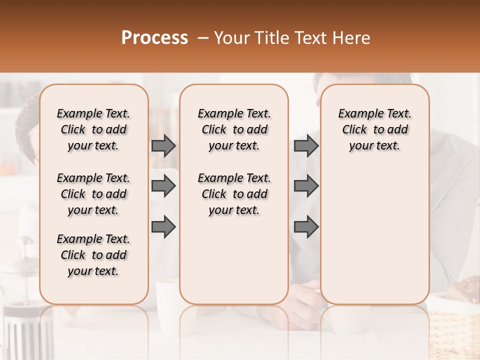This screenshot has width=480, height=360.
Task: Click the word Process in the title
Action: (154, 38)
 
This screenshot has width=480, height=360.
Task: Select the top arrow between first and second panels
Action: (163, 146)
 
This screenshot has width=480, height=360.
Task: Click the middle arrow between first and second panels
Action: (163, 186)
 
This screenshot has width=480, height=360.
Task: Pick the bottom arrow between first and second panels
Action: (163, 227)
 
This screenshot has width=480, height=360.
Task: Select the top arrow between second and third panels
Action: (306, 146)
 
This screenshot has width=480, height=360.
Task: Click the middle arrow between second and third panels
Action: (306, 186)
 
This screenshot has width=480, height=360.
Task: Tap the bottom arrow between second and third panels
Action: (306, 227)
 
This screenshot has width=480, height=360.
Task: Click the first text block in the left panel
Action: (93, 129)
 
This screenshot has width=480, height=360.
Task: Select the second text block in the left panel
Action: (93, 194)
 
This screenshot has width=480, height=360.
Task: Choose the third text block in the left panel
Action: (93, 255)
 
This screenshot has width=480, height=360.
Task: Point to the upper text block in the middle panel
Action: (234, 129)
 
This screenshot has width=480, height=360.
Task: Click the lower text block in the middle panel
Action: (234, 194)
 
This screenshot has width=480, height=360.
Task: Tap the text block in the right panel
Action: (374, 129)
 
